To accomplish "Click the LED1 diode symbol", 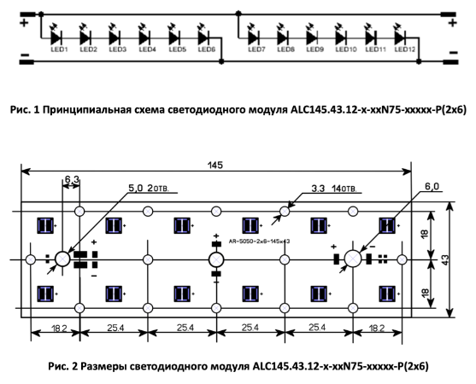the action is pyautogui.click(x=56, y=38).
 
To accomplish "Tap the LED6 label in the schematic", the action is pyautogui.click(x=207, y=49).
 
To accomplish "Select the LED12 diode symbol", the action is pyautogui.click(x=400, y=38).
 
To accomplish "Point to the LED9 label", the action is pyautogui.click(x=314, y=49).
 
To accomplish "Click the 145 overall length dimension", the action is pyautogui.click(x=215, y=166).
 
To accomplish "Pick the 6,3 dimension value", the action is pyautogui.click(x=72, y=179).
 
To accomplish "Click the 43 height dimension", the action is pyautogui.click(x=445, y=259).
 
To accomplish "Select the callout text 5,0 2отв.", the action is pyautogui.click(x=149, y=189).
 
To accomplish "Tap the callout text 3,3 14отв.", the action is pyautogui.click(x=334, y=189).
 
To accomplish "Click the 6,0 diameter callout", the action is pyautogui.click(x=432, y=187).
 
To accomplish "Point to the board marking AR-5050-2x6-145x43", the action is pyautogui.click(x=259, y=241).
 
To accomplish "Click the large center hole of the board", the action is pyautogui.click(x=216, y=259).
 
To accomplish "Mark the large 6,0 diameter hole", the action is pyautogui.click(x=353, y=259).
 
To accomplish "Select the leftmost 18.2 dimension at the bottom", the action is pyautogui.click(x=59, y=328).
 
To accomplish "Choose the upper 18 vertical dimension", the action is pyautogui.click(x=425, y=233).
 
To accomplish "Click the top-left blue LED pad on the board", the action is pyautogui.click(x=45, y=225).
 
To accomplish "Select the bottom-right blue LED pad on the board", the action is pyautogui.click(x=387, y=294).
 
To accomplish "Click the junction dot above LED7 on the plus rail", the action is pyautogui.click(x=238, y=14).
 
